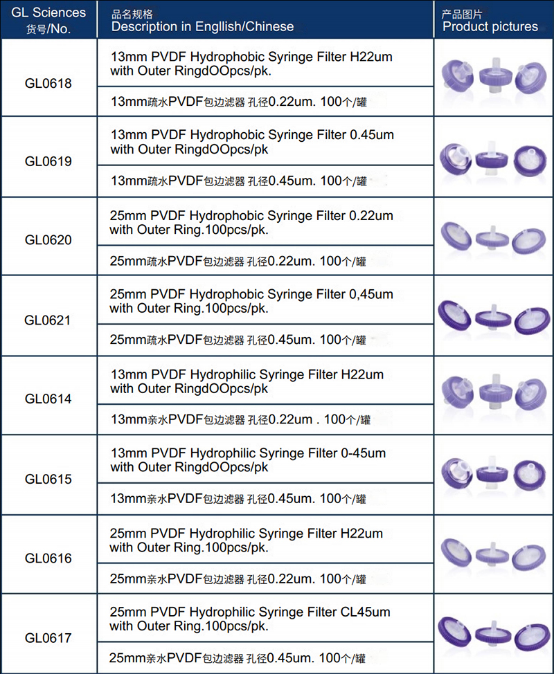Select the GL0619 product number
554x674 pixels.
(x=48, y=161)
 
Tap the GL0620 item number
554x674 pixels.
(x=48, y=240)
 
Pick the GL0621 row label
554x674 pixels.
(x=48, y=320)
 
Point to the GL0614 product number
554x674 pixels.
(x=48, y=399)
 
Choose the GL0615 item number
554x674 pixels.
(x=48, y=479)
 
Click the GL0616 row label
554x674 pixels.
(x=48, y=558)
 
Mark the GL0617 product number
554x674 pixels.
(x=48, y=637)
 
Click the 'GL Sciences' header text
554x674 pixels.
(x=48, y=12)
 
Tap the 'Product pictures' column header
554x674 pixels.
(x=490, y=26)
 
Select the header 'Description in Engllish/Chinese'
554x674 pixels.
(x=202, y=26)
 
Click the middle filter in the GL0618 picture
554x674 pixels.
(x=494, y=76)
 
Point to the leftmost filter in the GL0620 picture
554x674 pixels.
(x=457, y=236)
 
